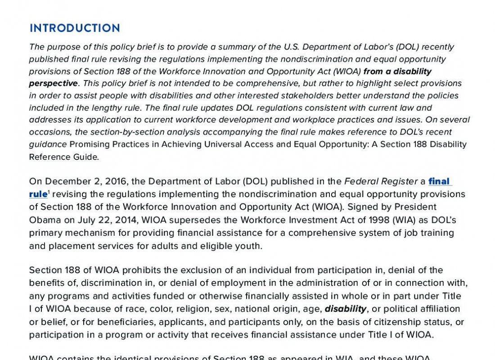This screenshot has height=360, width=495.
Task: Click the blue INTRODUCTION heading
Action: point(75,28)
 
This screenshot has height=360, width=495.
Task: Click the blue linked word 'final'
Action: point(439,181)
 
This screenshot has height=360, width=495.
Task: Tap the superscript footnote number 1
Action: point(49,191)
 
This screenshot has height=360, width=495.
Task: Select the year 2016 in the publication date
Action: point(115,181)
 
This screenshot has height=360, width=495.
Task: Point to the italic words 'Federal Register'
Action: point(381,181)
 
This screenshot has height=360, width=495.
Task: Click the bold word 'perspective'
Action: point(54,83)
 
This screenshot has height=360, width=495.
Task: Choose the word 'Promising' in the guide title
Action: point(90,144)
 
